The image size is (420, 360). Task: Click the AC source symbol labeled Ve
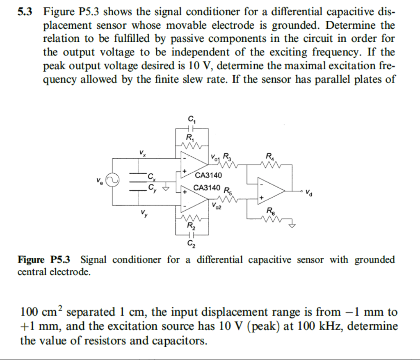click(112, 180)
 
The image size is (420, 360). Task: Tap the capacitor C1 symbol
click(192, 128)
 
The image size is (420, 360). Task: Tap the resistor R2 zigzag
click(191, 218)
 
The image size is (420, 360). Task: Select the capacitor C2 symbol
click(191, 235)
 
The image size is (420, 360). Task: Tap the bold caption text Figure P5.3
click(44, 260)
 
